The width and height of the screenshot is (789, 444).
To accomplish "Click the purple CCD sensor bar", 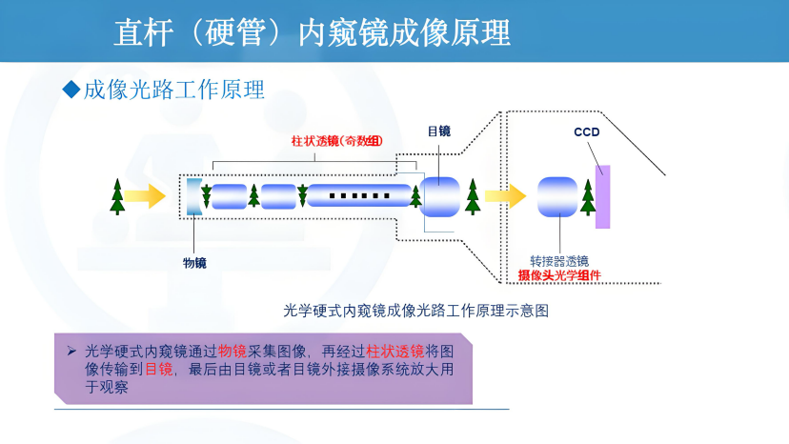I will tap(602, 196).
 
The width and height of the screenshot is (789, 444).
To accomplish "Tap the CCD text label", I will tap(587, 132).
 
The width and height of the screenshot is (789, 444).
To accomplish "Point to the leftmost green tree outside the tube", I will tap(117, 195).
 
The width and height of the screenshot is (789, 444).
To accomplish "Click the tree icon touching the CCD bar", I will tap(587, 196).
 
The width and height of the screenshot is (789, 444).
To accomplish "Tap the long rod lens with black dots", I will tap(359, 196).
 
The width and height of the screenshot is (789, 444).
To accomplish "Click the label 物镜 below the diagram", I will tap(194, 263).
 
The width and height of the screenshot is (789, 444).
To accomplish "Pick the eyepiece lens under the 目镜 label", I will tap(440, 196).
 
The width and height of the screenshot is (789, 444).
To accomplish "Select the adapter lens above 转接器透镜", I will tap(557, 196).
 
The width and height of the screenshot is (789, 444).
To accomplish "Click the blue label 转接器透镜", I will tap(559, 261).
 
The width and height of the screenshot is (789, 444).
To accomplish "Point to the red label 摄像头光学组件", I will tap(559, 275).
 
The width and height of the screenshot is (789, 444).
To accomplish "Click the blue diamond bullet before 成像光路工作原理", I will tap(69, 90).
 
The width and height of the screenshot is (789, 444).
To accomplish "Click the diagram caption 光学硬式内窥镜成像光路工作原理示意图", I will tap(415, 311).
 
